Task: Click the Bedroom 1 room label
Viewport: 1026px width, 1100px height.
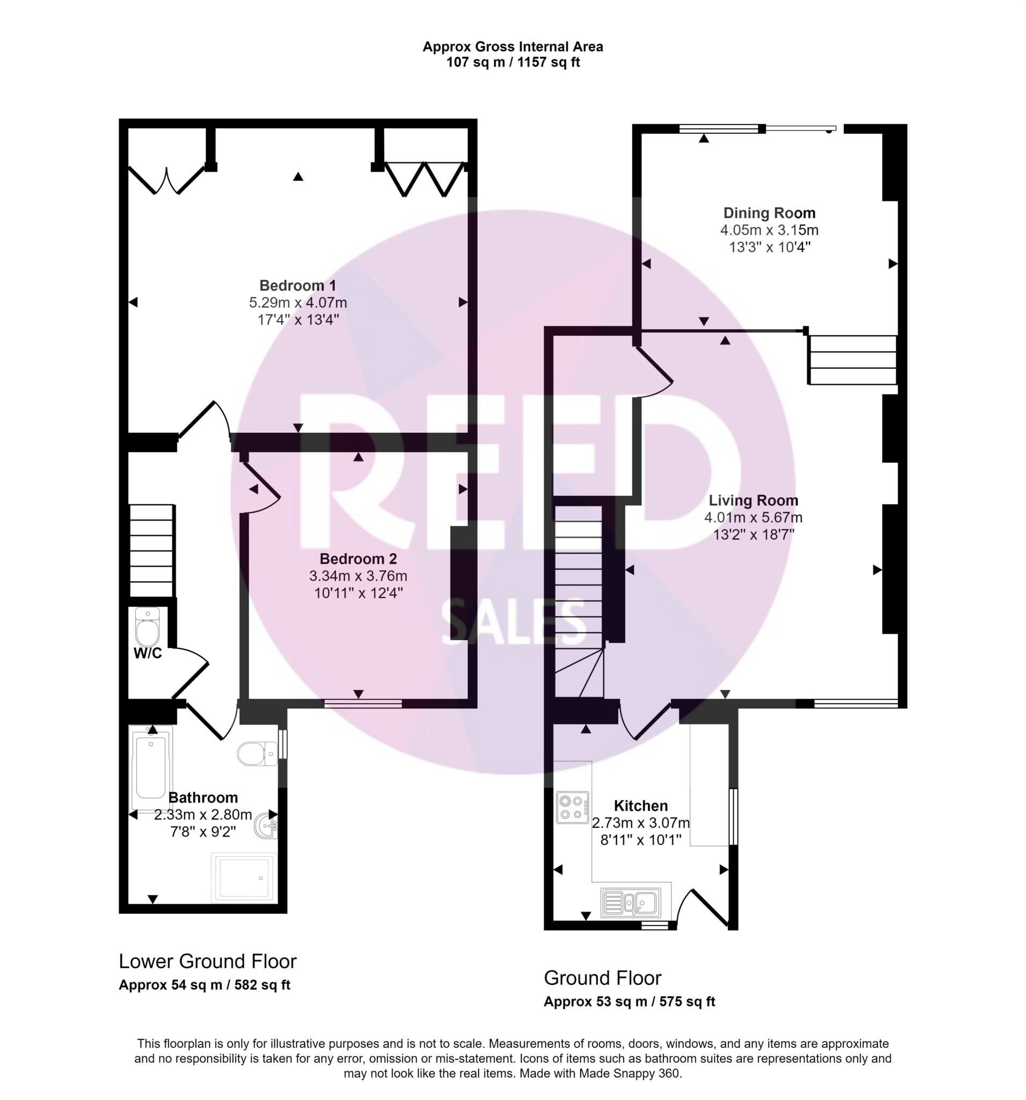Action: tap(298, 286)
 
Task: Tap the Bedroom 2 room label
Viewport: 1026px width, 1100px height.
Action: tap(358, 559)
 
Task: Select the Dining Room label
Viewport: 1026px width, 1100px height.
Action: tap(769, 213)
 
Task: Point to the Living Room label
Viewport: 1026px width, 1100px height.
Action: tap(753, 500)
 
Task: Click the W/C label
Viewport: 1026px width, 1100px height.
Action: tap(148, 654)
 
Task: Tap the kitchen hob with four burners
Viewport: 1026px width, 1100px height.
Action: tap(573, 807)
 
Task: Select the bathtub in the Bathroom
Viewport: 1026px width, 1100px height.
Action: tap(150, 768)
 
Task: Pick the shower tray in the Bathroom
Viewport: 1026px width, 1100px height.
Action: tap(243, 878)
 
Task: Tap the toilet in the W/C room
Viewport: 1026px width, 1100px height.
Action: tap(147, 627)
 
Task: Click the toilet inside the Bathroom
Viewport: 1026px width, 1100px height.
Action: tap(257, 753)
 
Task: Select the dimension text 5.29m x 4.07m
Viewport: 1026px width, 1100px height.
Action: tap(298, 303)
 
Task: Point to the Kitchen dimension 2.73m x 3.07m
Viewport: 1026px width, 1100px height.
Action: tap(641, 823)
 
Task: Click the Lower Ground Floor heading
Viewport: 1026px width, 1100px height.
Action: tap(207, 961)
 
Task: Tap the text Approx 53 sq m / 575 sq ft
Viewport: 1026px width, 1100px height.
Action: tap(629, 1002)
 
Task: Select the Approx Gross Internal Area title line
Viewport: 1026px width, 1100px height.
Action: tap(512, 47)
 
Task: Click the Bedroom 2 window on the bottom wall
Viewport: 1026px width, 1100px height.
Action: tap(363, 703)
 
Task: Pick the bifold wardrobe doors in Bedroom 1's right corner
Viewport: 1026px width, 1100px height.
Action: tap(424, 179)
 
